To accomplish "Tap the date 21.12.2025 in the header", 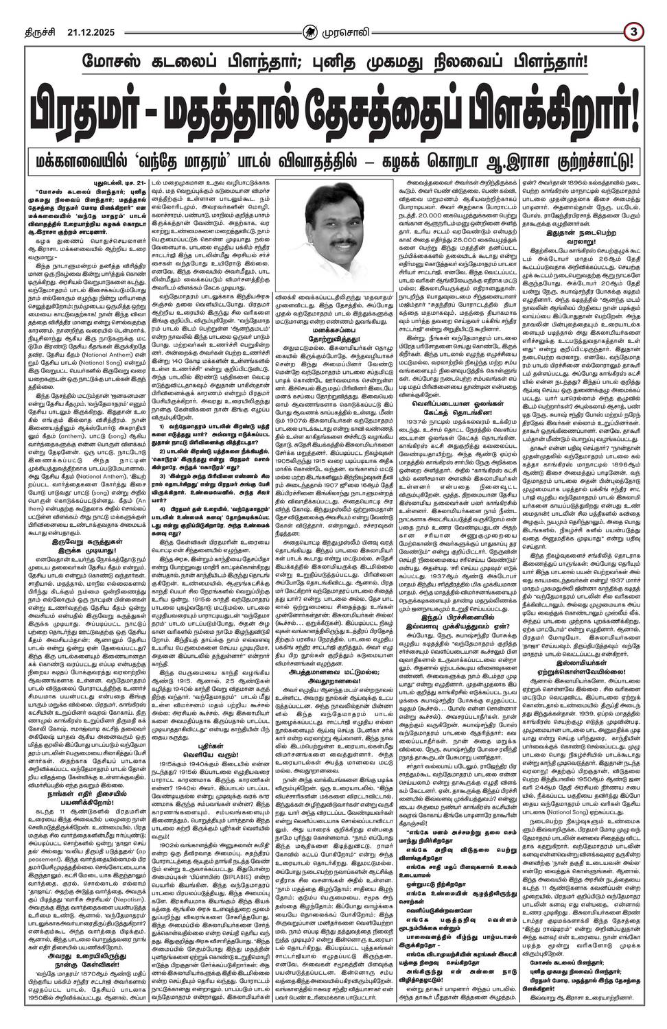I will (x=72, y=11).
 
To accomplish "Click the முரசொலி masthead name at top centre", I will (x=343, y=11).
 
